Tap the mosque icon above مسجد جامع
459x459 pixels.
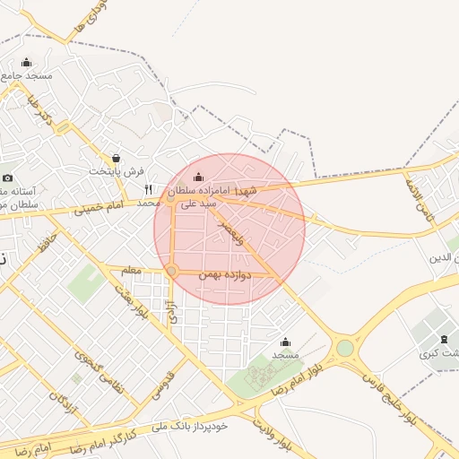[x=26, y=62]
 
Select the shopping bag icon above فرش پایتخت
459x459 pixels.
[x=115, y=158]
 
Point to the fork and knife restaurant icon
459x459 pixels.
[x=148, y=189]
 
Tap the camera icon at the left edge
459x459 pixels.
[x=7, y=178]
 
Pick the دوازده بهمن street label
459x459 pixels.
[x=222, y=277]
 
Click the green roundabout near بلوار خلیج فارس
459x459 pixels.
[x=345, y=348]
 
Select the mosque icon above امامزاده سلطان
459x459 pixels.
[x=198, y=178]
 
